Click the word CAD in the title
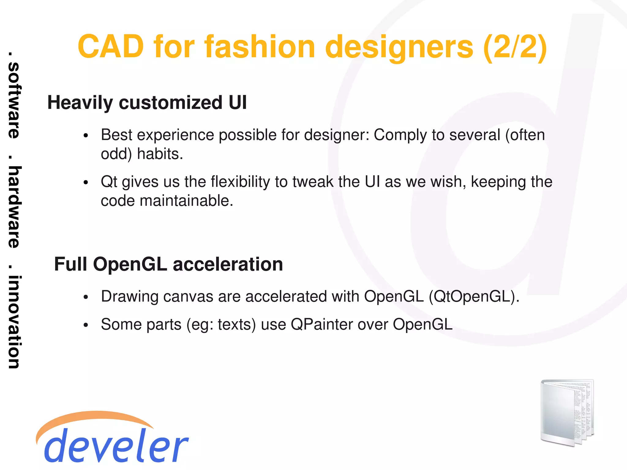click(111, 47)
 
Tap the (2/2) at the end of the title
click(515, 47)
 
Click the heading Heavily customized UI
click(147, 103)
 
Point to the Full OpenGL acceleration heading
click(168, 264)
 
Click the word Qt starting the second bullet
click(109, 182)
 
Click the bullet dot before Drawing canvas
click(86, 297)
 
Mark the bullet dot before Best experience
click(86, 136)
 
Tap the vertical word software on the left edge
click(14, 100)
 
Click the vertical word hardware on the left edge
click(14, 207)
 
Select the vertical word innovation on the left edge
click(14, 322)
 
